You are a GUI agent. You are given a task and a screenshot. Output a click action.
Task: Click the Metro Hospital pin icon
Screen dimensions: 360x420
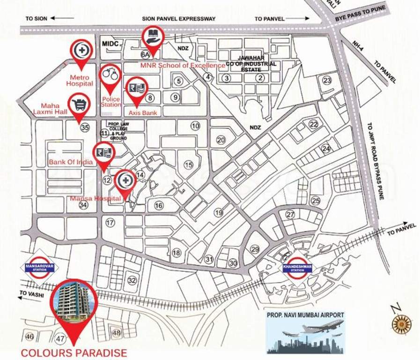click(x=82, y=50)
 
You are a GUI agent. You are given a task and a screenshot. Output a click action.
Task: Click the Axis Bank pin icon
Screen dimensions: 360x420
click(x=137, y=88)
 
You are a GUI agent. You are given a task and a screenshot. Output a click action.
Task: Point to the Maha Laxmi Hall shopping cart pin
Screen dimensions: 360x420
click(x=79, y=104)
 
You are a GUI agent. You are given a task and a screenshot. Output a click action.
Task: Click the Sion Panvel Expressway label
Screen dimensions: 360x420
click(x=178, y=19)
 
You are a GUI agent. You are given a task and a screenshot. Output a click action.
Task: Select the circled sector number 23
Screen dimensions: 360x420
click(x=327, y=80)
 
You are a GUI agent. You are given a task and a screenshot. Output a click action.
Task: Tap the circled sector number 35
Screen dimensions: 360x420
click(x=85, y=127)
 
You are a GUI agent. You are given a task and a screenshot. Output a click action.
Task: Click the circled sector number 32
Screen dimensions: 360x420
click(x=132, y=280)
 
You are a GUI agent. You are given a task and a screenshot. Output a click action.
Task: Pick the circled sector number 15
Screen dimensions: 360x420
click(x=188, y=165)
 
